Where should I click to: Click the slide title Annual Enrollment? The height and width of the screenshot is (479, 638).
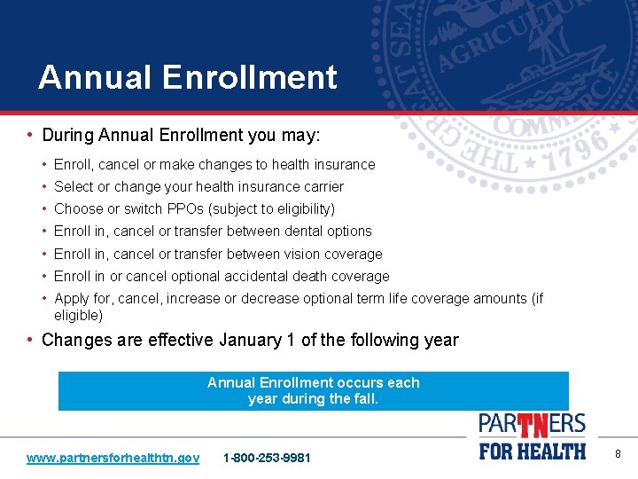[x=187, y=77]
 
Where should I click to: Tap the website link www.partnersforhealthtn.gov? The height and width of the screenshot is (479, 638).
[x=113, y=458]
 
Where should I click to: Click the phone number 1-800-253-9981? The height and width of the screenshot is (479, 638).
[x=267, y=458]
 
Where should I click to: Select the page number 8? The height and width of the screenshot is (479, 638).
[x=618, y=454]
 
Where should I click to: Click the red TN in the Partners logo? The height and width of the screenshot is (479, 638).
[x=533, y=427]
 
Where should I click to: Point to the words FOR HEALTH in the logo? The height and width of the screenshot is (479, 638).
[x=533, y=451]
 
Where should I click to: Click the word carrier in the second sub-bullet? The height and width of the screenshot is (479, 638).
[x=320, y=187]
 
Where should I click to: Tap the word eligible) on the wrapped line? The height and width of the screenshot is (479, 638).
[x=78, y=315]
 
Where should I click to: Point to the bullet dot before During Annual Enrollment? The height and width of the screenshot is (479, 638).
[x=30, y=136]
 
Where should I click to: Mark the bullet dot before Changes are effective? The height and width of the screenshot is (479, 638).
[x=30, y=340]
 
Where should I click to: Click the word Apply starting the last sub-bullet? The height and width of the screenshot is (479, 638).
[x=72, y=299]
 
